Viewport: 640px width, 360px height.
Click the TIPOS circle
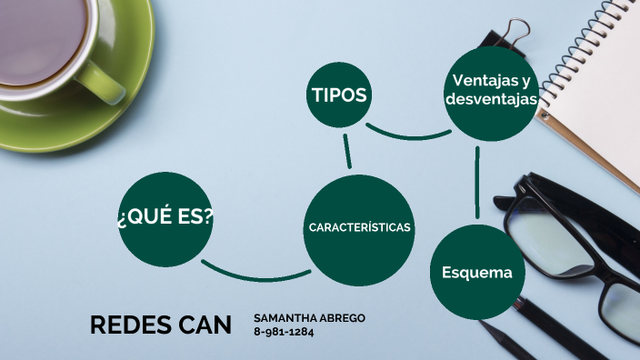pos(339,95)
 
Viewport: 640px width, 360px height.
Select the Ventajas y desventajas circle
pos(491,91)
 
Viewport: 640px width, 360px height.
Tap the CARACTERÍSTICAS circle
pos(360,226)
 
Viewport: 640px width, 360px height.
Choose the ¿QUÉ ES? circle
pos(165,217)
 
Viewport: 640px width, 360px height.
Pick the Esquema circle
pos(477,273)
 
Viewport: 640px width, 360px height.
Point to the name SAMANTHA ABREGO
pos(309,317)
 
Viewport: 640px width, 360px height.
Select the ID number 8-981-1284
pos(285,331)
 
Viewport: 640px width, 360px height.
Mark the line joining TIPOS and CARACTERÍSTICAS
pos(347,151)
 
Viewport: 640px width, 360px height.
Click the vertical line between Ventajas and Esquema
pos(477,182)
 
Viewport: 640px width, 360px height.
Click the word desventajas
pos(491,99)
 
